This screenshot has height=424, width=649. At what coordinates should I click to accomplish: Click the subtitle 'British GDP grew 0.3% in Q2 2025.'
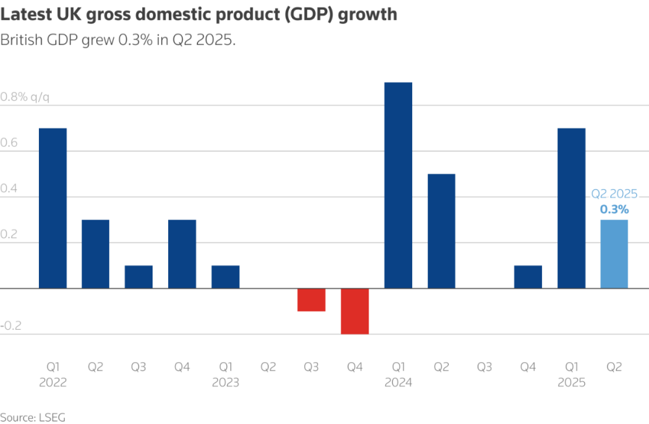(x=117, y=40)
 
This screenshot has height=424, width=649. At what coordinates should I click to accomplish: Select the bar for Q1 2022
(x=53, y=208)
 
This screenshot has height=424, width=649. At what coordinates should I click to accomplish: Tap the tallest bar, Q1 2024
(x=398, y=185)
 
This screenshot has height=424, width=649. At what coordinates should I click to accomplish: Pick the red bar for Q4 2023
(x=355, y=311)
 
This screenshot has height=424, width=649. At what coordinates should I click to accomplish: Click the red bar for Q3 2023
(x=312, y=300)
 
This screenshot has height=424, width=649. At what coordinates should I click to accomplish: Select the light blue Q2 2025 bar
(x=614, y=254)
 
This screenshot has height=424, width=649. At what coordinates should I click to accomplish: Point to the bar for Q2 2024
(x=441, y=231)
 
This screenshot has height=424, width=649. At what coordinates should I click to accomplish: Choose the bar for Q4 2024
(x=528, y=277)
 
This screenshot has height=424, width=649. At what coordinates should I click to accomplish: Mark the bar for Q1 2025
(x=571, y=208)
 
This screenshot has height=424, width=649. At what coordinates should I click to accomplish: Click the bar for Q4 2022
(x=182, y=254)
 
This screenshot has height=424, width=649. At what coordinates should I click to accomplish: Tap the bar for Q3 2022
(x=139, y=277)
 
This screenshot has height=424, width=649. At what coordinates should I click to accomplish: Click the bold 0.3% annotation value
(x=614, y=209)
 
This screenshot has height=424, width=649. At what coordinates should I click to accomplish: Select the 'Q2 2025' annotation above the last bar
(x=614, y=194)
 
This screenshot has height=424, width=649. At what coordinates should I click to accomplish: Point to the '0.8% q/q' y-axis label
(x=25, y=97)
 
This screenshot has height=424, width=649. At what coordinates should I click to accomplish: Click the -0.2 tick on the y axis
(x=11, y=326)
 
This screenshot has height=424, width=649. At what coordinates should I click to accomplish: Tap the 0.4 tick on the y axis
(x=10, y=189)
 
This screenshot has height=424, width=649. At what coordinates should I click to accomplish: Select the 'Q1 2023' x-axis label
(x=225, y=375)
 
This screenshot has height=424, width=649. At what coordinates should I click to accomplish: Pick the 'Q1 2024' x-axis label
(x=398, y=375)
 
